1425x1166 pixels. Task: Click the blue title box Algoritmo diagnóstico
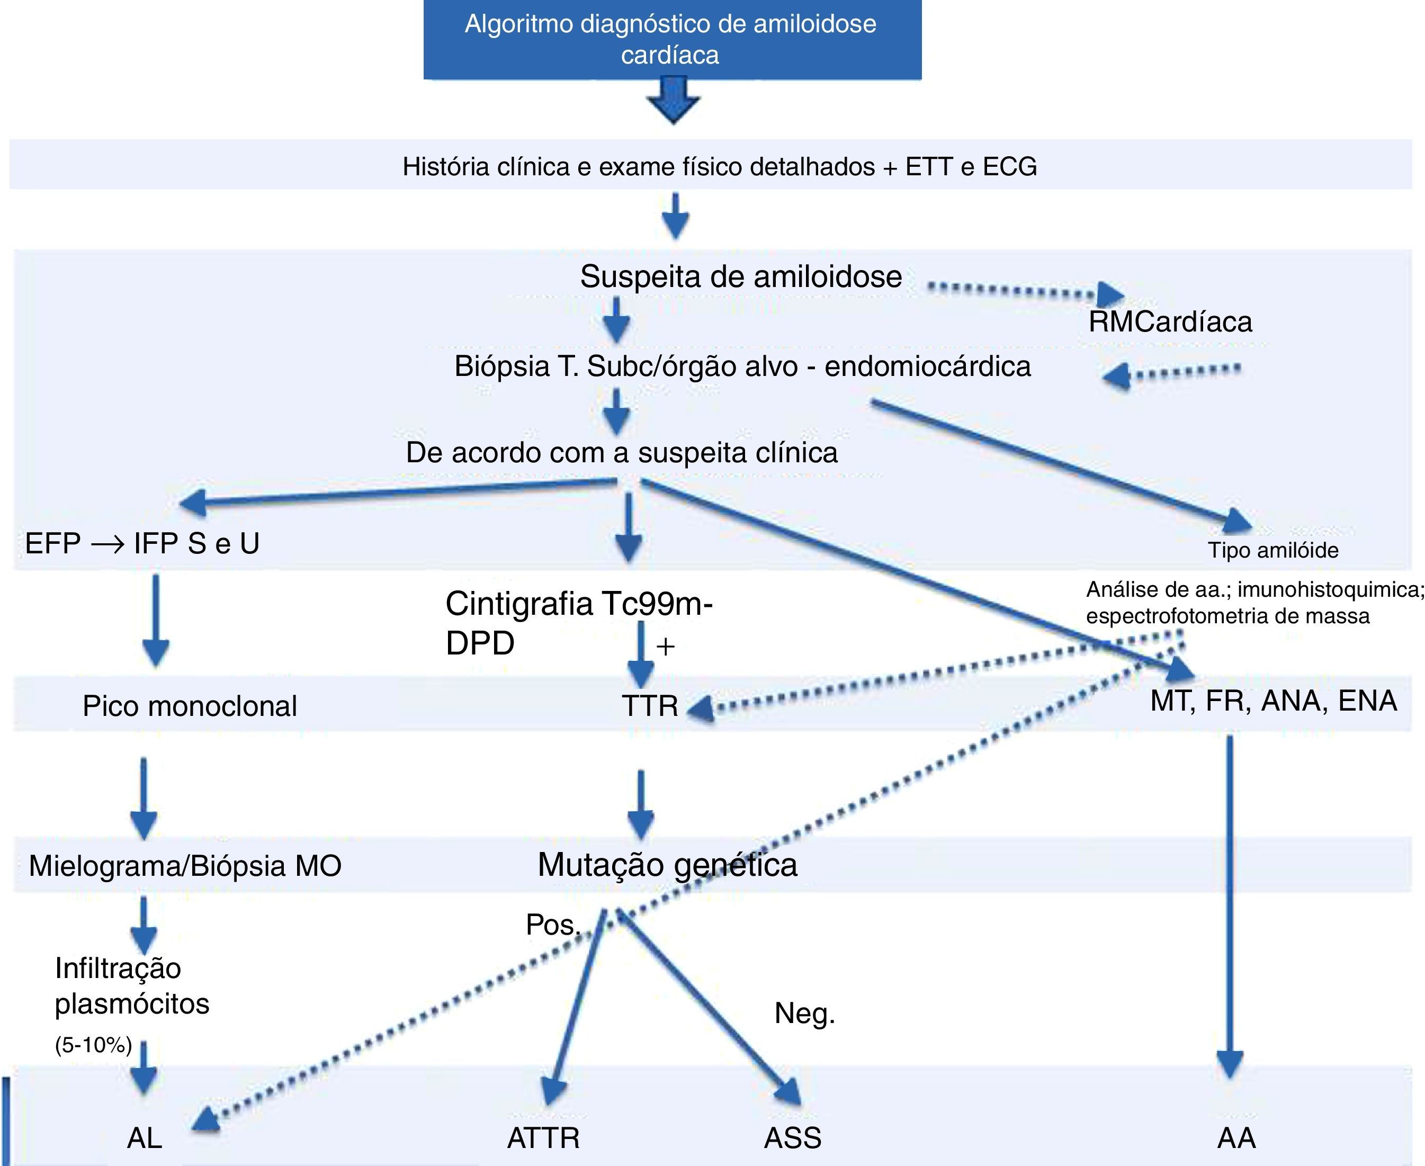(671, 39)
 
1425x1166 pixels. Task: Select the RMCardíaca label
(1170, 322)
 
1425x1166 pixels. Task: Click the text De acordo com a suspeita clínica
(622, 453)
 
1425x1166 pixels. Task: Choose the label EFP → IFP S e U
(142, 543)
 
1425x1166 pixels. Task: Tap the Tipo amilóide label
(1272, 550)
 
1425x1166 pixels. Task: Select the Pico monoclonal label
(190, 706)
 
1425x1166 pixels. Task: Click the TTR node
(649, 706)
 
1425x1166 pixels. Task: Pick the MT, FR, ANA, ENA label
(1273, 701)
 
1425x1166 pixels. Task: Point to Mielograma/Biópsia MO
(185, 866)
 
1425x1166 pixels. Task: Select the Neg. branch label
(804, 1013)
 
